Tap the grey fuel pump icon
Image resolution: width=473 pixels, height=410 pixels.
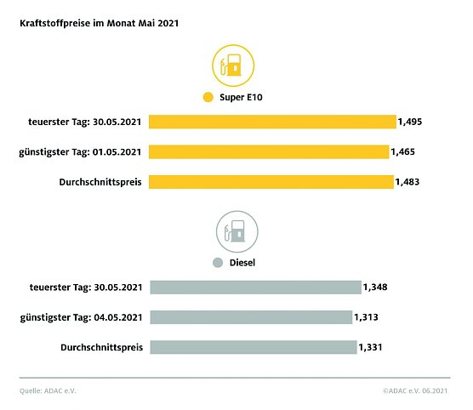pyautogui.click(x=236, y=231)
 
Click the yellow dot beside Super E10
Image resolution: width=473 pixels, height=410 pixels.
pyautogui.click(x=207, y=98)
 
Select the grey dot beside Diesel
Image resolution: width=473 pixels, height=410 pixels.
pyautogui.click(x=218, y=263)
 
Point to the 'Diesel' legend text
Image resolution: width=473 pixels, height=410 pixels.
pyautogui.click(x=242, y=263)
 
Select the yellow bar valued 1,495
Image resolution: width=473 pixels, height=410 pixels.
pyautogui.click(x=272, y=122)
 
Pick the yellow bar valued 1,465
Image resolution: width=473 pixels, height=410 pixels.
pyautogui.click(x=268, y=151)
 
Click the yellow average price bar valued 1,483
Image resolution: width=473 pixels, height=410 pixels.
pyautogui.click(x=271, y=181)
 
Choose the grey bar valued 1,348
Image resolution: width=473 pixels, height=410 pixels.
pyautogui.click(x=255, y=287)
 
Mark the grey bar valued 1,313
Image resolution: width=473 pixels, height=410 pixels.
pyautogui.click(x=250, y=316)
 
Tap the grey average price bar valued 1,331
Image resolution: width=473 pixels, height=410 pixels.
pyautogui.click(x=253, y=346)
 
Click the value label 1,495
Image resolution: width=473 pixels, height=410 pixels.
pyautogui.click(x=410, y=122)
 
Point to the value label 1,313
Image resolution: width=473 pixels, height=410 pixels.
pyautogui.click(x=366, y=316)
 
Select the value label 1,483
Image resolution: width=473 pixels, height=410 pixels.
pyautogui.click(x=408, y=181)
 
